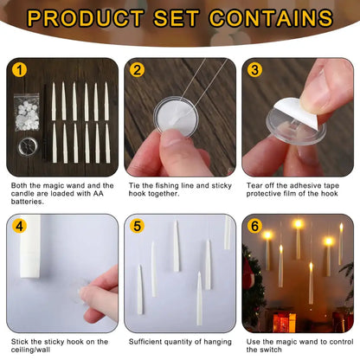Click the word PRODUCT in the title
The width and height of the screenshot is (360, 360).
pos(86,18)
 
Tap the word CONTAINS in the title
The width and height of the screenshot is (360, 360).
pos(271,18)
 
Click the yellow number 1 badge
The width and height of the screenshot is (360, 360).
pos(19,70)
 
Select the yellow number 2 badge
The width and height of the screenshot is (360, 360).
pos(137,70)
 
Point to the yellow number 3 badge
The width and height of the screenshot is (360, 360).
pos(254,70)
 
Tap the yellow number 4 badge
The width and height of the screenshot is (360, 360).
pos(19,226)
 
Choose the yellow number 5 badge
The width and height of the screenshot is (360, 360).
pos(137,226)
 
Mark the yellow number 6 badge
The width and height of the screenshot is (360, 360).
pos(254,226)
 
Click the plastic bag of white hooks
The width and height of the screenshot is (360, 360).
pos(27,112)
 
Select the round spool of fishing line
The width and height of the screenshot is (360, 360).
pos(28,146)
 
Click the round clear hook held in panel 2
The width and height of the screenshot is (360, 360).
pos(176,117)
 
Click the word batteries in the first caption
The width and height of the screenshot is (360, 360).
pos(28,202)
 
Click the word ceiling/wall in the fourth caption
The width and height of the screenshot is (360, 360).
pos(30,350)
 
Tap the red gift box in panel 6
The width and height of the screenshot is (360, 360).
pos(284,322)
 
